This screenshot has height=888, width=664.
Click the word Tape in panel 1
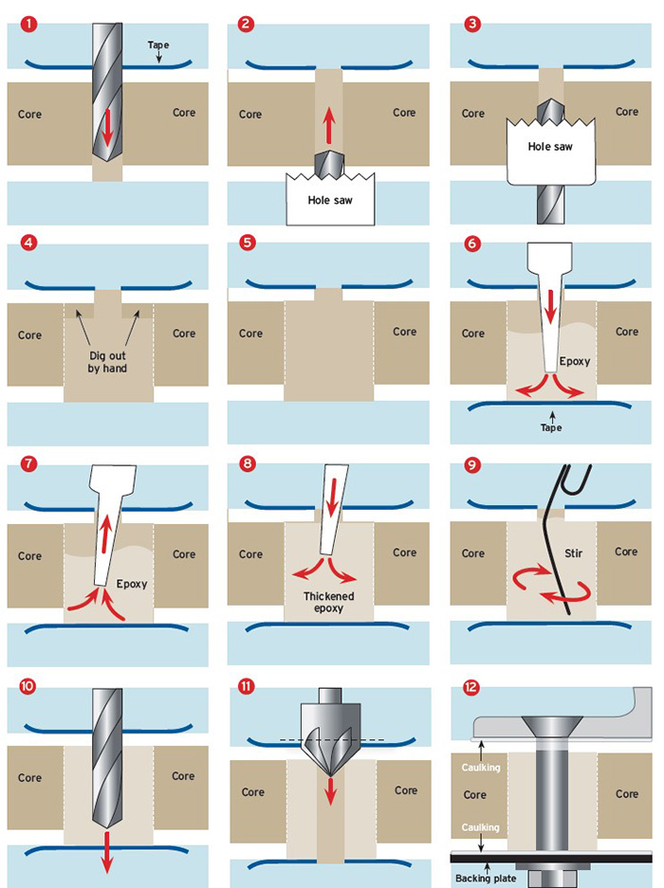point(158,45)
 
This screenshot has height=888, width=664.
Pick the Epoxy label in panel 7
point(133,584)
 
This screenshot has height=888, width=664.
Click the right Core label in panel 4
point(183,333)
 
